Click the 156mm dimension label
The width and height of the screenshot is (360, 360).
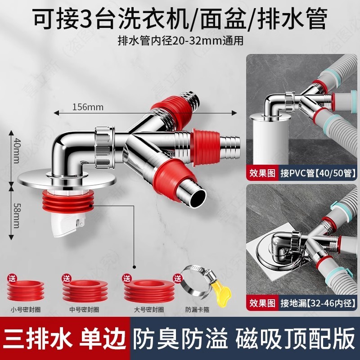(88, 107)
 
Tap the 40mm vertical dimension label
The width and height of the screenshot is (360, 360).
(16, 150)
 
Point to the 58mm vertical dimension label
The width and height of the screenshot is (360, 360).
(16, 216)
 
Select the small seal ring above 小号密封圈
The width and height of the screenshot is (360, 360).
(26, 290)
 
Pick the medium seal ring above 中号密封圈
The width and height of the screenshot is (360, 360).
(85, 291)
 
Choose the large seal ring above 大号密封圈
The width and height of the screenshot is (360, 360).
(149, 291)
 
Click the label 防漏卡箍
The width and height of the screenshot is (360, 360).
(198, 310)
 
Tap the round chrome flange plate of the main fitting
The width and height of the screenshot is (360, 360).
(67, 180)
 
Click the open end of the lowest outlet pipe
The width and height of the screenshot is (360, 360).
(198, 196)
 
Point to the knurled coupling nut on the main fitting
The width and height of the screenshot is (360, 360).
(105, 147)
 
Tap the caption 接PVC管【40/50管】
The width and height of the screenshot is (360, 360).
(318, 173)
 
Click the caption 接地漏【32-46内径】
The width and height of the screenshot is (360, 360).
(318, 303)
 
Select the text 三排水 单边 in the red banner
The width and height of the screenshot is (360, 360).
(64, 339)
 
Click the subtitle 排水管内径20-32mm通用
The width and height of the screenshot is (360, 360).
(180, 41)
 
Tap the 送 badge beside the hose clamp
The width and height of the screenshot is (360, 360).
(177, 279)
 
